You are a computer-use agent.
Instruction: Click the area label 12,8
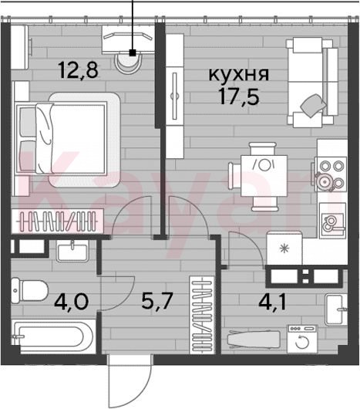click(79, 70)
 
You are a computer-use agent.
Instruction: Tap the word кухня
click(239, 75)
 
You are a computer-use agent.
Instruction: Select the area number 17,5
click(239, 96)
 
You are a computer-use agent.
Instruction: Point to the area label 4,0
click(72, 301)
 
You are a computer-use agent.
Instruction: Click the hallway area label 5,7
click(157, 300)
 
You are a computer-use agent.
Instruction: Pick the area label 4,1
click(272, 303)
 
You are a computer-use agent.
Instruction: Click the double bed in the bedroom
click(69, 139)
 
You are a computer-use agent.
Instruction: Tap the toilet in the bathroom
click(29, 290)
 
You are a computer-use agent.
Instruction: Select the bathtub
click(53, 337)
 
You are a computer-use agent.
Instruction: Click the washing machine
click(302, 339)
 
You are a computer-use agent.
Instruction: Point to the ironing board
click(254, 340)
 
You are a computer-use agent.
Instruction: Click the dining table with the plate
click(264, 176)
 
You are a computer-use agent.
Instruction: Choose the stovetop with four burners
click(331, 174)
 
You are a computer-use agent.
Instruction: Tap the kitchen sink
click(333, 221)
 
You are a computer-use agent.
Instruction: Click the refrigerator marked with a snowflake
click(284, 248)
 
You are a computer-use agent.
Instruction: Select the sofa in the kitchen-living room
click(312, 83)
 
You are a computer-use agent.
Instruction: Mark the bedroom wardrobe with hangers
click(58, 221)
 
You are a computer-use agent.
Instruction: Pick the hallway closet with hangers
click(203, 315)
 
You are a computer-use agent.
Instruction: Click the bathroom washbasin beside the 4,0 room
click(72, 252)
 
